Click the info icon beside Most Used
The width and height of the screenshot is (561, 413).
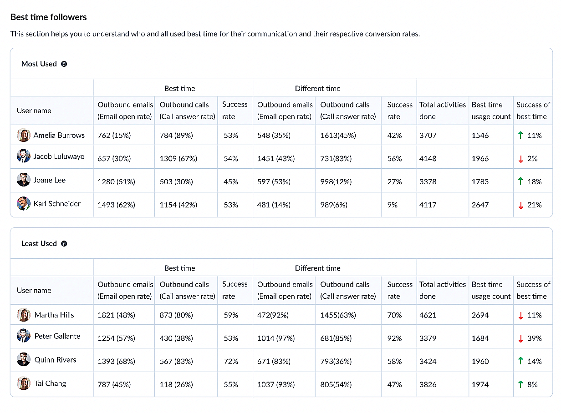(64, 64)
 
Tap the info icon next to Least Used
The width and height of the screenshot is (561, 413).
(64, 244)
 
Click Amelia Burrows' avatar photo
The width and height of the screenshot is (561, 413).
(24, 135)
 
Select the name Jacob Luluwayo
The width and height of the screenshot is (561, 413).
(59, 156)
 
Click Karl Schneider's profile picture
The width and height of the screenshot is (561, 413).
(24, 203)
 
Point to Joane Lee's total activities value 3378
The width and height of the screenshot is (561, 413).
(428, 181)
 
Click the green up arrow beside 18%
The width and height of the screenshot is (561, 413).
(520, 181)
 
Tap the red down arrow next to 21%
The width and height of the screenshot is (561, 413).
(520, 206)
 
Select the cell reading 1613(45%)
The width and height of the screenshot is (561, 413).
(338, 136)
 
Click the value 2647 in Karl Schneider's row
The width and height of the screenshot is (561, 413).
(480, 205)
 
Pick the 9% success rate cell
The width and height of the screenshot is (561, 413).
(393, 205)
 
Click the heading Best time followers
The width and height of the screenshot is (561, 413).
(49, 17)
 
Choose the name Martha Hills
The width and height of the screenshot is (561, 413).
(54, 315)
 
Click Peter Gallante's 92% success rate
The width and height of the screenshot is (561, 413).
(394, 338)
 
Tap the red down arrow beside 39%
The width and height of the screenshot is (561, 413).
(520, 339)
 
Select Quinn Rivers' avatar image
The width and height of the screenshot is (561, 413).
(24, 359)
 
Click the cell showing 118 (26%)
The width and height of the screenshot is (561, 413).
(176, 384)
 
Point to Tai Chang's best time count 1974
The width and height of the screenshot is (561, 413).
(480, 384)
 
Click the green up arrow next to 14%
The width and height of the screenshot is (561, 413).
(520, 361)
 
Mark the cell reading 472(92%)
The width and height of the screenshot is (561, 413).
(273, 315)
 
